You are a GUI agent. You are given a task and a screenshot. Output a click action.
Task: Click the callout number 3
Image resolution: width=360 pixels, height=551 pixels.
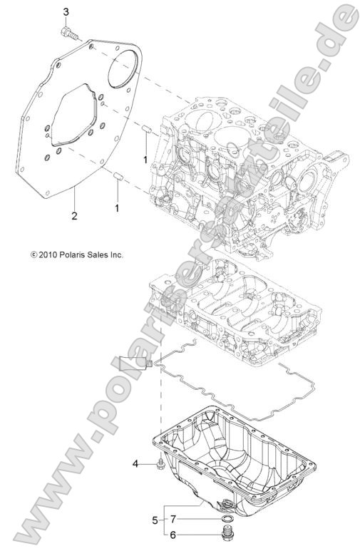coord(66,12)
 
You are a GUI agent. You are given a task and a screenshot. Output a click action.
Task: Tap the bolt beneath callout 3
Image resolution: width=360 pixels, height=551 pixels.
coord(68,31)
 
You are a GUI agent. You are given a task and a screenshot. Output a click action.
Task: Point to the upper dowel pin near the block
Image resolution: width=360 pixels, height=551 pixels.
coord(145,129)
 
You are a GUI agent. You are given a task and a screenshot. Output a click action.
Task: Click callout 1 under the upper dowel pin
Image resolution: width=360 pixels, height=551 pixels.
coord(145,160)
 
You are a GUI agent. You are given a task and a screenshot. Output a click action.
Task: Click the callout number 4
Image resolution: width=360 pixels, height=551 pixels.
coord(134,465)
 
